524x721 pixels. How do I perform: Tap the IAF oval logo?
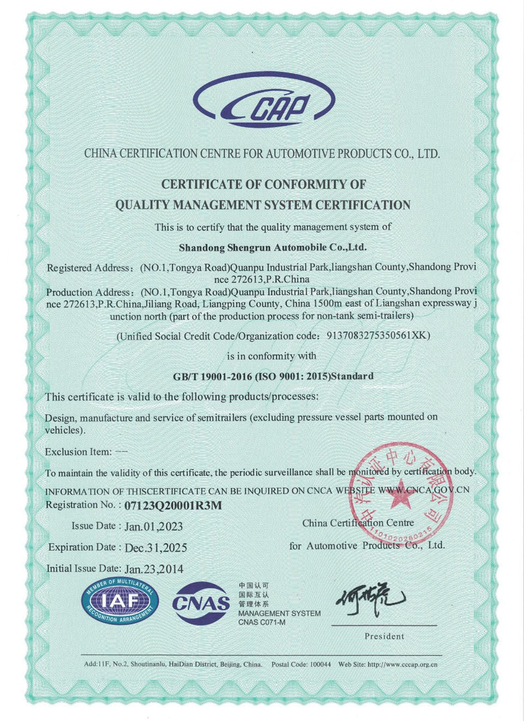(120, 601)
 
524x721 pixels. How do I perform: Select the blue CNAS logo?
(201, 603)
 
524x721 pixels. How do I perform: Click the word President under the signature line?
(384, 636)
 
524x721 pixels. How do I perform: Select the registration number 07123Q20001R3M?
(173, 506)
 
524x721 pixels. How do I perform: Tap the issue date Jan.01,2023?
(153, 526)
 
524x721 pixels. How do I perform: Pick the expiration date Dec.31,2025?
(155, 548)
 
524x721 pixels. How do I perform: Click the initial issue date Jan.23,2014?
(154, 569)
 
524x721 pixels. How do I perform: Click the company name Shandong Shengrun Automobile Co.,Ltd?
(273, 247)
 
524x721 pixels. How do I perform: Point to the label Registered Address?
(88, 268)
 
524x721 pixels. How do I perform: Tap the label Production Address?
(88, 292)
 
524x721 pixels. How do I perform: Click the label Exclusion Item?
(78, 452)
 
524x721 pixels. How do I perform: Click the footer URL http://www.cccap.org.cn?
(402, 664)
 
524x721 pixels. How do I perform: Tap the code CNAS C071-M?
(262, 622)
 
